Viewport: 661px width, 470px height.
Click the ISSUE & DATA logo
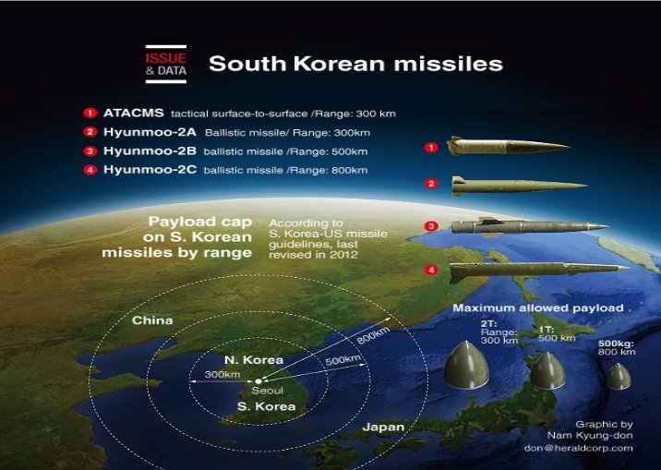click(x=165, y=64)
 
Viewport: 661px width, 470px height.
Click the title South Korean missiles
click(x=355, y=64)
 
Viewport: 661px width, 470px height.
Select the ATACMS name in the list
click(x=134, y=113)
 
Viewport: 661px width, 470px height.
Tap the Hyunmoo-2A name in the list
click(x=150, y=132)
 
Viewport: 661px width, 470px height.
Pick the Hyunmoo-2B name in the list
click(x=150, y=151)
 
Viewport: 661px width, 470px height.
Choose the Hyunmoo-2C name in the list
click(x=150, y=170)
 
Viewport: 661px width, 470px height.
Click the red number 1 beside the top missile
click(x=431, y=148)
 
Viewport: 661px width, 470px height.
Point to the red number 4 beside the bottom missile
click(x=431, y=270)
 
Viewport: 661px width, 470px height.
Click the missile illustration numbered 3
click(x=530, y=226)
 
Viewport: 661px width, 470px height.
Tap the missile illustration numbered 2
click(x=520, y=186)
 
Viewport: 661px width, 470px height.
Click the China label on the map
click(x=152, y=320)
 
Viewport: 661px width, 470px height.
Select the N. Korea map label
click(x=254, y=360)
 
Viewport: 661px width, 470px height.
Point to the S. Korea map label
click(x=267, y=406)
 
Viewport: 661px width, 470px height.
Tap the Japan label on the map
click(x=383, y=427)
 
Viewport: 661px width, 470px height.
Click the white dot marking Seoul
click(x=258, y=381)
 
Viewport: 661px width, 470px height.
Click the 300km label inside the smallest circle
click(x=222, y=374)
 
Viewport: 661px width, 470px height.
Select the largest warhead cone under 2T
click(x=466, y=365)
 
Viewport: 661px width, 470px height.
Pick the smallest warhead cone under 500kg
click(x=619, y=376)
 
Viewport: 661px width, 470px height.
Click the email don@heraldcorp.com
click(x=578, y=448)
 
